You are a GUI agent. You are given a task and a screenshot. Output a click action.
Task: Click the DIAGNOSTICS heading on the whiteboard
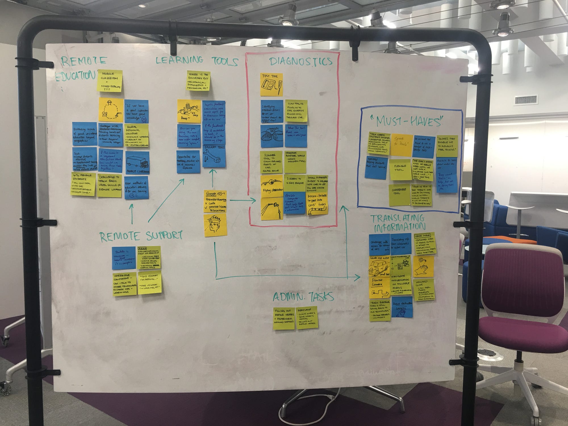pos(300,61)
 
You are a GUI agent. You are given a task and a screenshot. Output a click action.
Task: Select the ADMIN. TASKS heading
pos(303,297)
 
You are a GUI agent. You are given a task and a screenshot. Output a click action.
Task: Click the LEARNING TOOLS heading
pos(197,60)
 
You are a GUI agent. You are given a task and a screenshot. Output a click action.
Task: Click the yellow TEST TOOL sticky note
pos(272,84)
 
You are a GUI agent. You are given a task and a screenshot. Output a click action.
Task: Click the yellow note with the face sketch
pos(215,225)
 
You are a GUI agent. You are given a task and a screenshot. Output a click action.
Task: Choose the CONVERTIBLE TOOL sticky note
pos(399,195)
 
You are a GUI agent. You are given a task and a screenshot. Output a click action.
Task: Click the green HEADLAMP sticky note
pos(307,318)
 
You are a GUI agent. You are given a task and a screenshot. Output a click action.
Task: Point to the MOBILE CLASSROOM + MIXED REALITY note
pos(110,81)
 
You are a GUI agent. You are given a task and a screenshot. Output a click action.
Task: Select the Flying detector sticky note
pos(272,186)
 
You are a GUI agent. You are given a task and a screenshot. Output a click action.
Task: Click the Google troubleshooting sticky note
pos(215,201)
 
